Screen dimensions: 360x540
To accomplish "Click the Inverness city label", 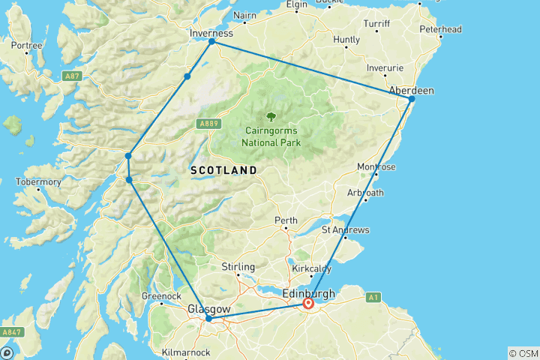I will pos(212,33).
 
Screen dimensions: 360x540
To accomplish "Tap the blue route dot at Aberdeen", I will pos(412,99).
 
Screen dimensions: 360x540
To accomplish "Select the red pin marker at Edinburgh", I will pos(308,304).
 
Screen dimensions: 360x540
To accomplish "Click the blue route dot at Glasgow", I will pos(208,319).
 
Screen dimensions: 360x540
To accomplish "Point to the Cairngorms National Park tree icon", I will pos(270,117).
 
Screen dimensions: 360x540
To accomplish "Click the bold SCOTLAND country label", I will pos(223,170).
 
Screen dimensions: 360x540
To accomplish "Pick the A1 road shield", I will pos(372,298).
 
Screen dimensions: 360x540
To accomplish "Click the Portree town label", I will pos(26,45).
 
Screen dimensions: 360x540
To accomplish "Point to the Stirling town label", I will pos(239,267).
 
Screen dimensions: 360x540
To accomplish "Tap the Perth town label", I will pos(286,221).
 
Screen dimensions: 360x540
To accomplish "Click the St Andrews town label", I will pos(345,229).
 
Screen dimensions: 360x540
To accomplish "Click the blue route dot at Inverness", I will pos(212,41).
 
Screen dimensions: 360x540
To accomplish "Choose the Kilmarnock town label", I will pos(187,352).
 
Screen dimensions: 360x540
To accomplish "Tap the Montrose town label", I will pos(378,166).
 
